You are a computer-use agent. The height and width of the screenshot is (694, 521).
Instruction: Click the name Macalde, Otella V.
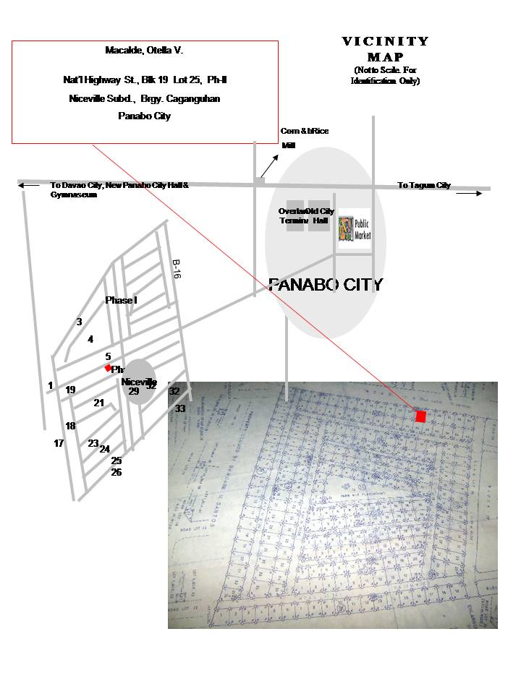click(145, 51)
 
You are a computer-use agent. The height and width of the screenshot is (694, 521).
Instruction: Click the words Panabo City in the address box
click(145, 116)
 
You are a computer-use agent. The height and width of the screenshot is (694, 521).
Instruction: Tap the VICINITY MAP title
click(385, 49)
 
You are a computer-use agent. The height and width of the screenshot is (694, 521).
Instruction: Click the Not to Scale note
click(386, 75)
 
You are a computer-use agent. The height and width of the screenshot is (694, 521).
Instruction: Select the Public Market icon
click(355, 229)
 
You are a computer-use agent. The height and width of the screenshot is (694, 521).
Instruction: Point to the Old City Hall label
click(321, 215)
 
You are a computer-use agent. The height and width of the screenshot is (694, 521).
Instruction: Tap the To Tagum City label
click(424, 186)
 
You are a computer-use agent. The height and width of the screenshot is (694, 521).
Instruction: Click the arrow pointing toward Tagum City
click(469, 194)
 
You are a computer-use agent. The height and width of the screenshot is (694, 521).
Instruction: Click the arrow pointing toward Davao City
click(30, 186)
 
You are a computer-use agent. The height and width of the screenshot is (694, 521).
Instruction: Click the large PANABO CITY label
click(325, 285)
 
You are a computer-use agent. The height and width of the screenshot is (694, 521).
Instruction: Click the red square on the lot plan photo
click(421, 416)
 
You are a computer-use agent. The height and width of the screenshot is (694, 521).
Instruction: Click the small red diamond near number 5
click(108, 368)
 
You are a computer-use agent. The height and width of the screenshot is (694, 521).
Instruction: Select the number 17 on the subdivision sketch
click(59, 443)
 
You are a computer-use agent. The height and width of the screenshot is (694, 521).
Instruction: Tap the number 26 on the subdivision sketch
click(117, 473)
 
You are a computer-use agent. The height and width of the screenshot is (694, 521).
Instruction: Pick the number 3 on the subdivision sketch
click(79, 322)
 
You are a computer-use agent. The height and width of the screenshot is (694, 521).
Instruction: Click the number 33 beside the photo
click(180, 408)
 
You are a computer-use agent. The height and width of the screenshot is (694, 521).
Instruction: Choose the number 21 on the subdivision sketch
click(99, 403)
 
